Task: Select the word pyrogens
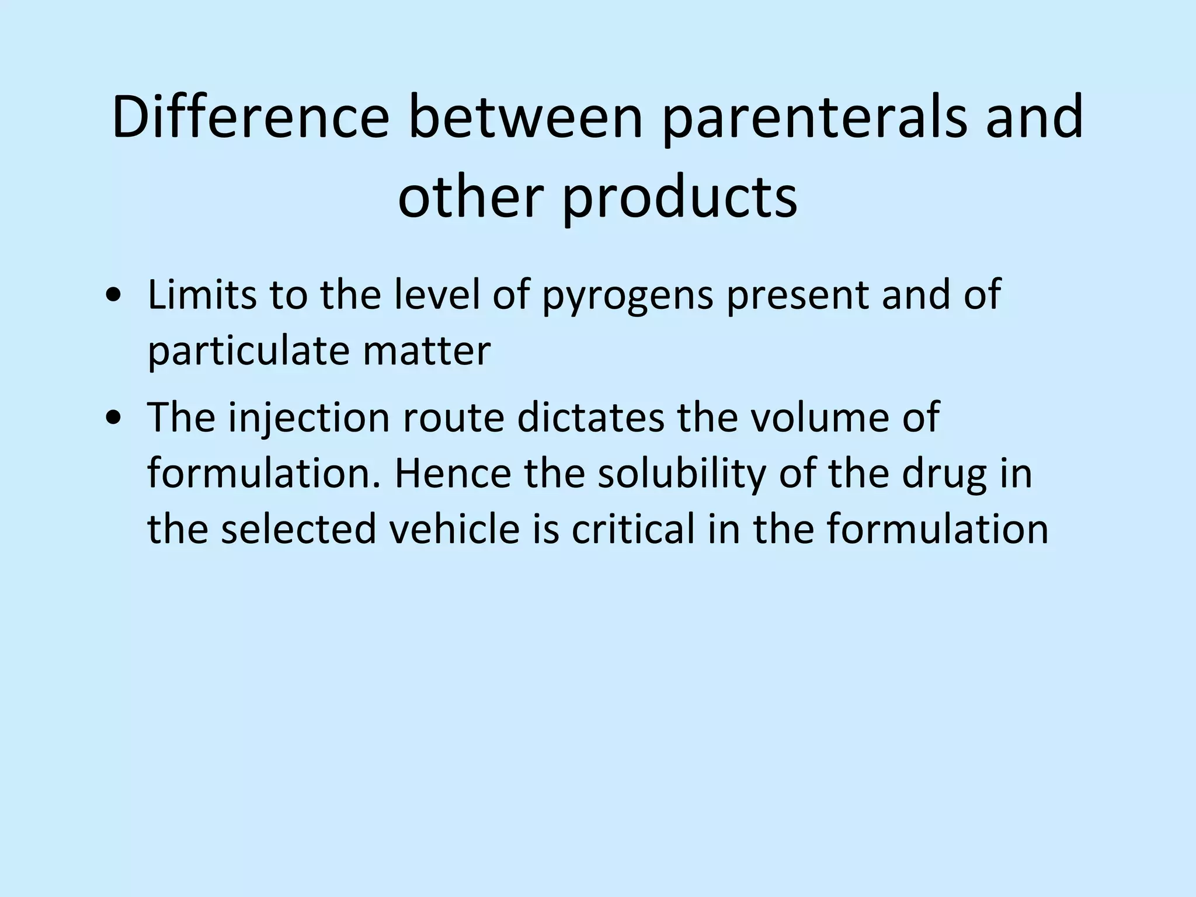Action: coord(628,295)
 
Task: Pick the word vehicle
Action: coord(454,529)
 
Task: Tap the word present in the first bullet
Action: coord(798,295)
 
